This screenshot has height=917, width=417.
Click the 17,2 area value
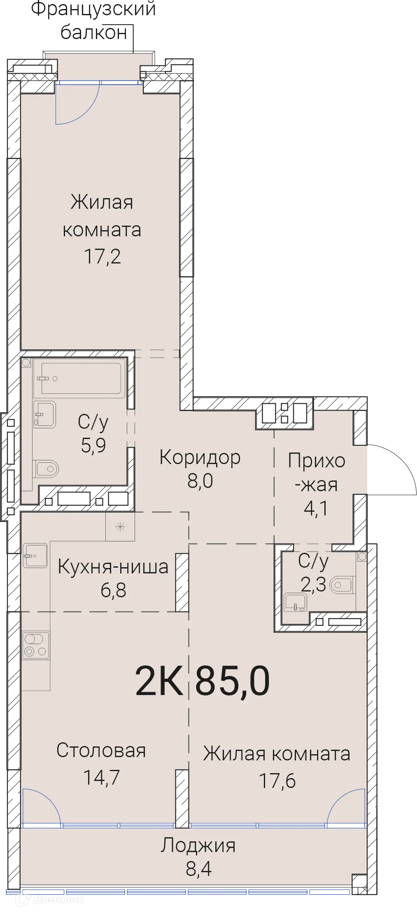tap(102, 256)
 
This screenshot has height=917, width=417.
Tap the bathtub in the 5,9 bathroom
tap(79, 378)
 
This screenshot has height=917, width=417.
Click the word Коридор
tap(200, 457)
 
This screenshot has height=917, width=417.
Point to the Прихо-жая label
tap(316, 473)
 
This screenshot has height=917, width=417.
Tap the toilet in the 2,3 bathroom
tap(341, 584)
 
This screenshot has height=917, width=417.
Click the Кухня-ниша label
tap(113, 567)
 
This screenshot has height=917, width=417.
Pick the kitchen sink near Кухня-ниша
tap(35, 555)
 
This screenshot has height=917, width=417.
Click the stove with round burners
tap(35, 645)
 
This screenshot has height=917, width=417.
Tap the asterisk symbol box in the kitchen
tap(120, 527)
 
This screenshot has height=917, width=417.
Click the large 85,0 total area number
tap(232, 681)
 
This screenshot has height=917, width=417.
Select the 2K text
tap(159, 681)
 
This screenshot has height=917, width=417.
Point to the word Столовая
tap(101, 751)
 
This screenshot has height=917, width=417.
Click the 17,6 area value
tap(277, 781)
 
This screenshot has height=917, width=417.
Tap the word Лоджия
tap(198, 845)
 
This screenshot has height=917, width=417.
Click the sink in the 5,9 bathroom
tap(44, 414)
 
